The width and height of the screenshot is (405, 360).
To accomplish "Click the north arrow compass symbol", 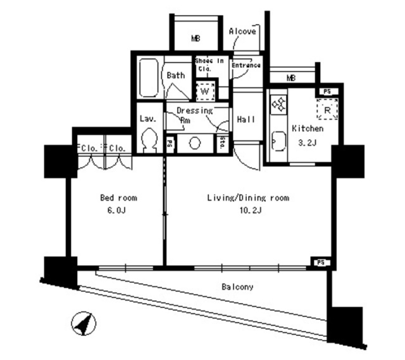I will point(83,323).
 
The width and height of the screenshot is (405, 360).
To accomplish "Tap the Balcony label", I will point(238,287).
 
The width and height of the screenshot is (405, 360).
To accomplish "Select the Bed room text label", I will point(118,198).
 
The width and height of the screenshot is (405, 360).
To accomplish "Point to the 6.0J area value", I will point(118,210).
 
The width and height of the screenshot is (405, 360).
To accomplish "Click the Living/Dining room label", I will point(248,198).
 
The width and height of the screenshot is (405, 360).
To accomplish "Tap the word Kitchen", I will point(308,129).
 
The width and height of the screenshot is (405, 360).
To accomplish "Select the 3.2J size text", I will point(308,142).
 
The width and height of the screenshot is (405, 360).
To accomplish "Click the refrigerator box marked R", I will point(327,109).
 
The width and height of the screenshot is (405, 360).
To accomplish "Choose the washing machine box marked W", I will point(205,91).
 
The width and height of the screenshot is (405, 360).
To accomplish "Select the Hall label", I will point(246,120).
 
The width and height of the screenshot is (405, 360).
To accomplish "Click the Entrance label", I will point(246,65).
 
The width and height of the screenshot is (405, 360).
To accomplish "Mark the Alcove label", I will point(243,32).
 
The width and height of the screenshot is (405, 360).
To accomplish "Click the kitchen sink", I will point(278,141).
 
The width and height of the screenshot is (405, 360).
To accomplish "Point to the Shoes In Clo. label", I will point(210,64).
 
